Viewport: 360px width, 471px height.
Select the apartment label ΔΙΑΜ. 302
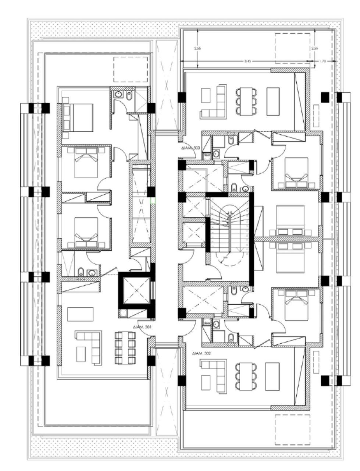201,353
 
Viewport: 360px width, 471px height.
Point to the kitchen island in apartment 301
81,314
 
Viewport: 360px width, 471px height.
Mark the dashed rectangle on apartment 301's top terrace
131,69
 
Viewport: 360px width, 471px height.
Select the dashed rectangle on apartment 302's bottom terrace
292,427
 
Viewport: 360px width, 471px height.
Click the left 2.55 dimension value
199,48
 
